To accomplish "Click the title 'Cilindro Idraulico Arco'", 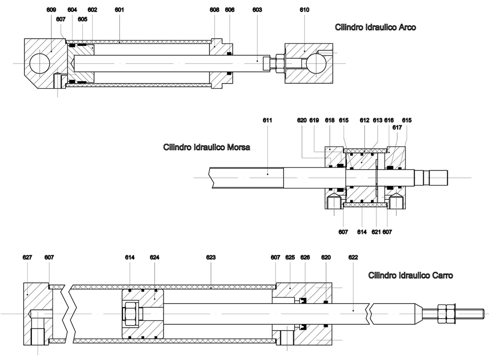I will click(x=375, y=27).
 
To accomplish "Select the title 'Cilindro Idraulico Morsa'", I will click(x=207, y=147).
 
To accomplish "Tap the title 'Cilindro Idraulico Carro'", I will click(x=410, y=275).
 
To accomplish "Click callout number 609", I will click(x=51, y=10).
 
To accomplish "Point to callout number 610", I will click(x=304, y=10).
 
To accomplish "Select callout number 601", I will click(x=119, y=10).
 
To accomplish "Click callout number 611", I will click(x=267, y=120).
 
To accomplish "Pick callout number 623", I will click(x=211, y=257).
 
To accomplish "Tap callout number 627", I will click(x=27, y=257).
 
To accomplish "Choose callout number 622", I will click(x=353, y=257).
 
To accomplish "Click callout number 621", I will click(x=376, y=232).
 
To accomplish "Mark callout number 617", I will click(x=397, y=127).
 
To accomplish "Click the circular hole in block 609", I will click(x=40, y=63).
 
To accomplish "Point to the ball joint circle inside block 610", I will click(x=316, y=63).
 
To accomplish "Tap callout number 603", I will click(x=257, y=10).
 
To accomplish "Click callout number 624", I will click(x=154, y=257).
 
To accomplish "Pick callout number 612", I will click(x=364, y=120).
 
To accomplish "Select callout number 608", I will click(x=214, y=10).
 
